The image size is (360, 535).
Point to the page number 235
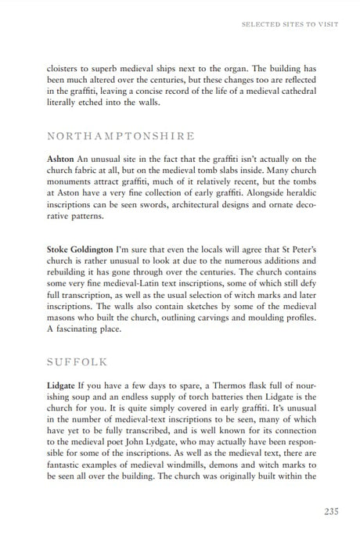click(327, 512)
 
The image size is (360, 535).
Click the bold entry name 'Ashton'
click(63, 157)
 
